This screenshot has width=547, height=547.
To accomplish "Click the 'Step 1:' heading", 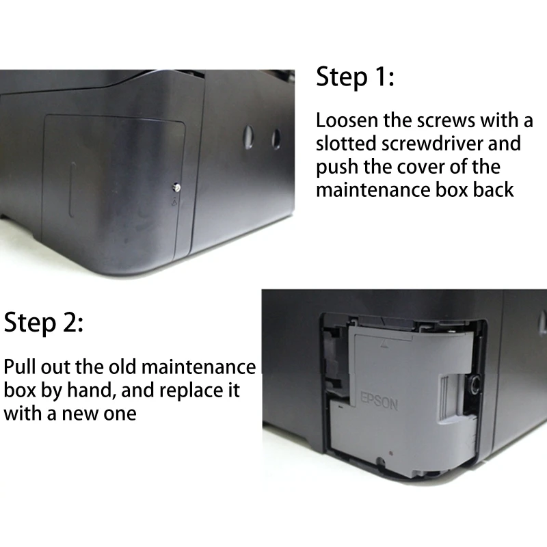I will point(355,78).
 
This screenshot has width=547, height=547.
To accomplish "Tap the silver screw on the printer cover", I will point(176,186).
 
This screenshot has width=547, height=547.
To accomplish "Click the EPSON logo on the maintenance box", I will point(378,401).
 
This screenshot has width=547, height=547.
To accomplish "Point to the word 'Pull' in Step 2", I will point(23,368).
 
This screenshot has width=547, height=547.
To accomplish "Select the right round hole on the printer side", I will point(276,139).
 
